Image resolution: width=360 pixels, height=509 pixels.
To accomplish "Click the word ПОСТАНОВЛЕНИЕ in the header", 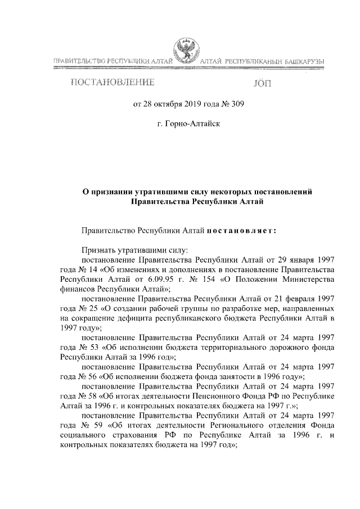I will (x=112, y=84).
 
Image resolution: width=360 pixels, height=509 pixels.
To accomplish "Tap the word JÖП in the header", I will (x=262, y=85).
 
